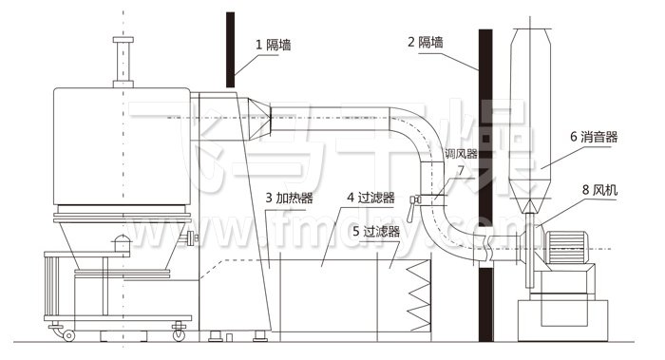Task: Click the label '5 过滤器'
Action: pos(374,231)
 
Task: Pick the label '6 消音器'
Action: pos(594,137)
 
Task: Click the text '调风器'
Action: pos(461,154)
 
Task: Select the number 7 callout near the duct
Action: pos(460,171)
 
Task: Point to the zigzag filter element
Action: pos(418,294)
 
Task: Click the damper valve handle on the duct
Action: pos(415,200)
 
